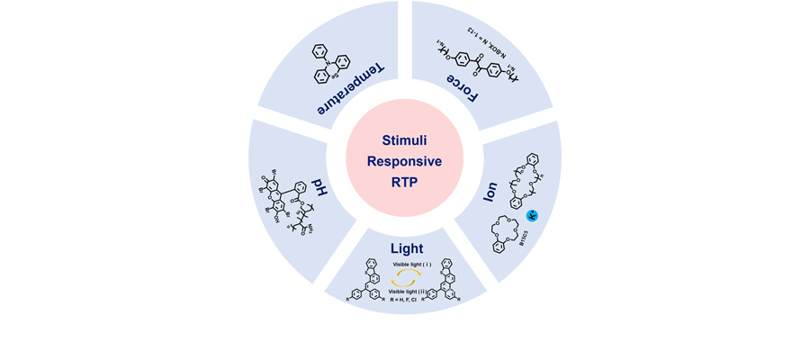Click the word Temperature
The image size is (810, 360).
(x=350, y=89)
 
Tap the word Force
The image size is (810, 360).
(x=463, y=88)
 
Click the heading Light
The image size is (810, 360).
(x=406, y=247)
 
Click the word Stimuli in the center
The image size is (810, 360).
(x=405, y=141)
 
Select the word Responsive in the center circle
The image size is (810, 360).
(x=405, y=161)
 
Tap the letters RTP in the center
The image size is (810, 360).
(x=405, y=181)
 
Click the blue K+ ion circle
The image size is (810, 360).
(x=532, y=216)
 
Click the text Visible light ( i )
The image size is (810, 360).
(x=411, y=264)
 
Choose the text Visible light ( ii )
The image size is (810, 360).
(x=411, y=291)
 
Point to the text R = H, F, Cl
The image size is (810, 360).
(x=410, y=299)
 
